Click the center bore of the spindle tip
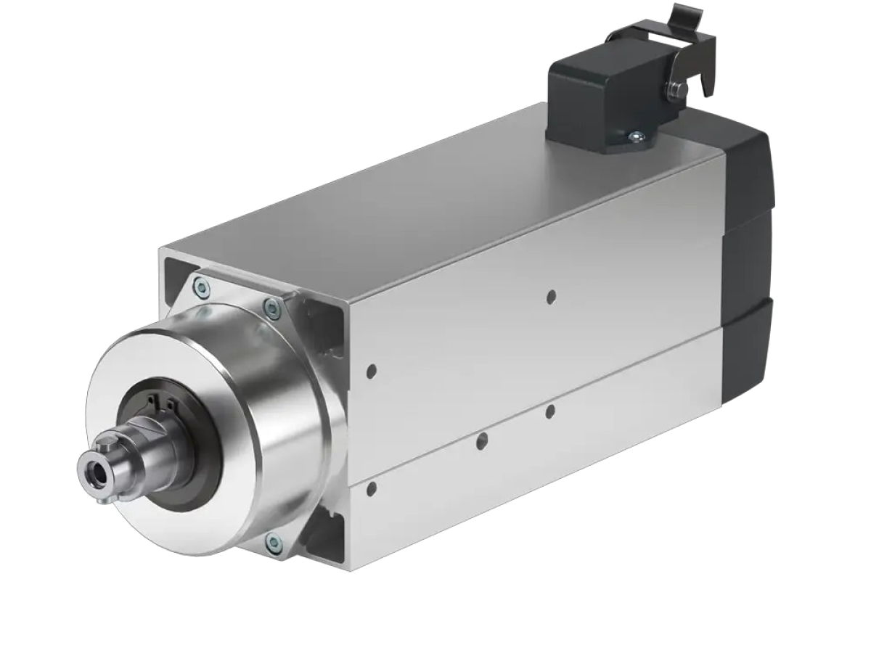point(97,472)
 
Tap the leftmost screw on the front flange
point(203,289)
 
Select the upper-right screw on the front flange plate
point(272,310)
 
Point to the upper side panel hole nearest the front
point(372,371)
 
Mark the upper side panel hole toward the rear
point(552,296)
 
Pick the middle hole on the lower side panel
point(481,440)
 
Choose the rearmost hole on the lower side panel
point(550,411)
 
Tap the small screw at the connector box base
point(637,135)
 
